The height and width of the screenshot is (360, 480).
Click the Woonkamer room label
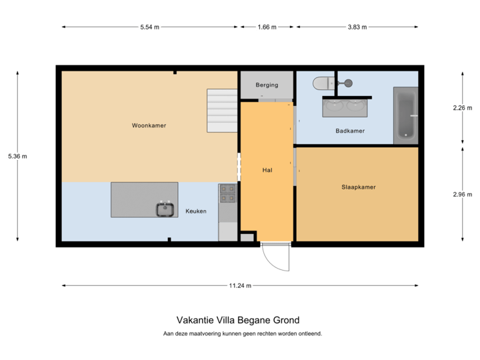point(149,125)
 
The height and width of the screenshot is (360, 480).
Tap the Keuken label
point(195,211)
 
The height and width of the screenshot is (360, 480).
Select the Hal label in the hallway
point(267,170)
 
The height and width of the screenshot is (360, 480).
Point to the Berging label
point(267,85)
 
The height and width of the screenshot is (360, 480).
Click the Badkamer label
point(350,131)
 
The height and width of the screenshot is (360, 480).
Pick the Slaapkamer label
point(358,187)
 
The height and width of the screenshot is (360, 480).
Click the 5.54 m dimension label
point(150,27)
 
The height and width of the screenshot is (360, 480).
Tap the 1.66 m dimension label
point(267,27)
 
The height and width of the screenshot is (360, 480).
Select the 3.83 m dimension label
point(357,27)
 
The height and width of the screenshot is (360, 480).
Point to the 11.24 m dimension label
point(240,285)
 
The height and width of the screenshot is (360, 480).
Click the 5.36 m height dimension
point(17,156)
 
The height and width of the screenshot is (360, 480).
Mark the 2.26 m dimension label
point(462,107)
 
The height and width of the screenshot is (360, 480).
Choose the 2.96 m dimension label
point(462,194)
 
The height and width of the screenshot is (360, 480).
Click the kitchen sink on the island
point(165,209)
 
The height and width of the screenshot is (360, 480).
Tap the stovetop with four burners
point(227,193)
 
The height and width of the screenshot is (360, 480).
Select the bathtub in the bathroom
point(405,115)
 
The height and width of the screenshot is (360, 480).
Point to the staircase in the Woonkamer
point(221,111)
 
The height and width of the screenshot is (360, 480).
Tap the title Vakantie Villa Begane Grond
point(238,320)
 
